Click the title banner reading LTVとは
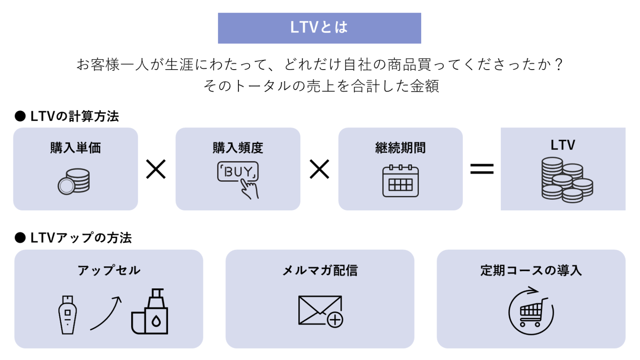click(319, 28)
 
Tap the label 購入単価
click(75, 148)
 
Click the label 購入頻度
click(238, 148)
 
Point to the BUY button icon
click(238, 172)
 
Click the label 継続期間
click(400, 148)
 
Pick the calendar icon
click(400, 181)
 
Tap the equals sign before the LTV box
click(482, 169)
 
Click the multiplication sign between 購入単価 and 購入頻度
click(156, 169)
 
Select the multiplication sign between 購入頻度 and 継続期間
click(320, 169)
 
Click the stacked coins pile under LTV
click(567, 180)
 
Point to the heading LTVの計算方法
click(74, 116)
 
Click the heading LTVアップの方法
click(81, 238)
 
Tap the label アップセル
click(109, 270)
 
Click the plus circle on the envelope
click(335, 320)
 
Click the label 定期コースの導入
click(531, 270)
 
